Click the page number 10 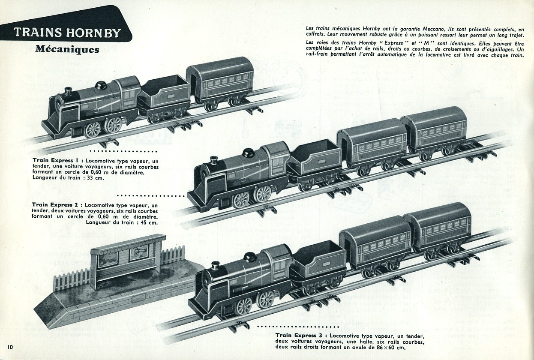point(11,345)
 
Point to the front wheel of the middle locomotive point(241,200)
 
